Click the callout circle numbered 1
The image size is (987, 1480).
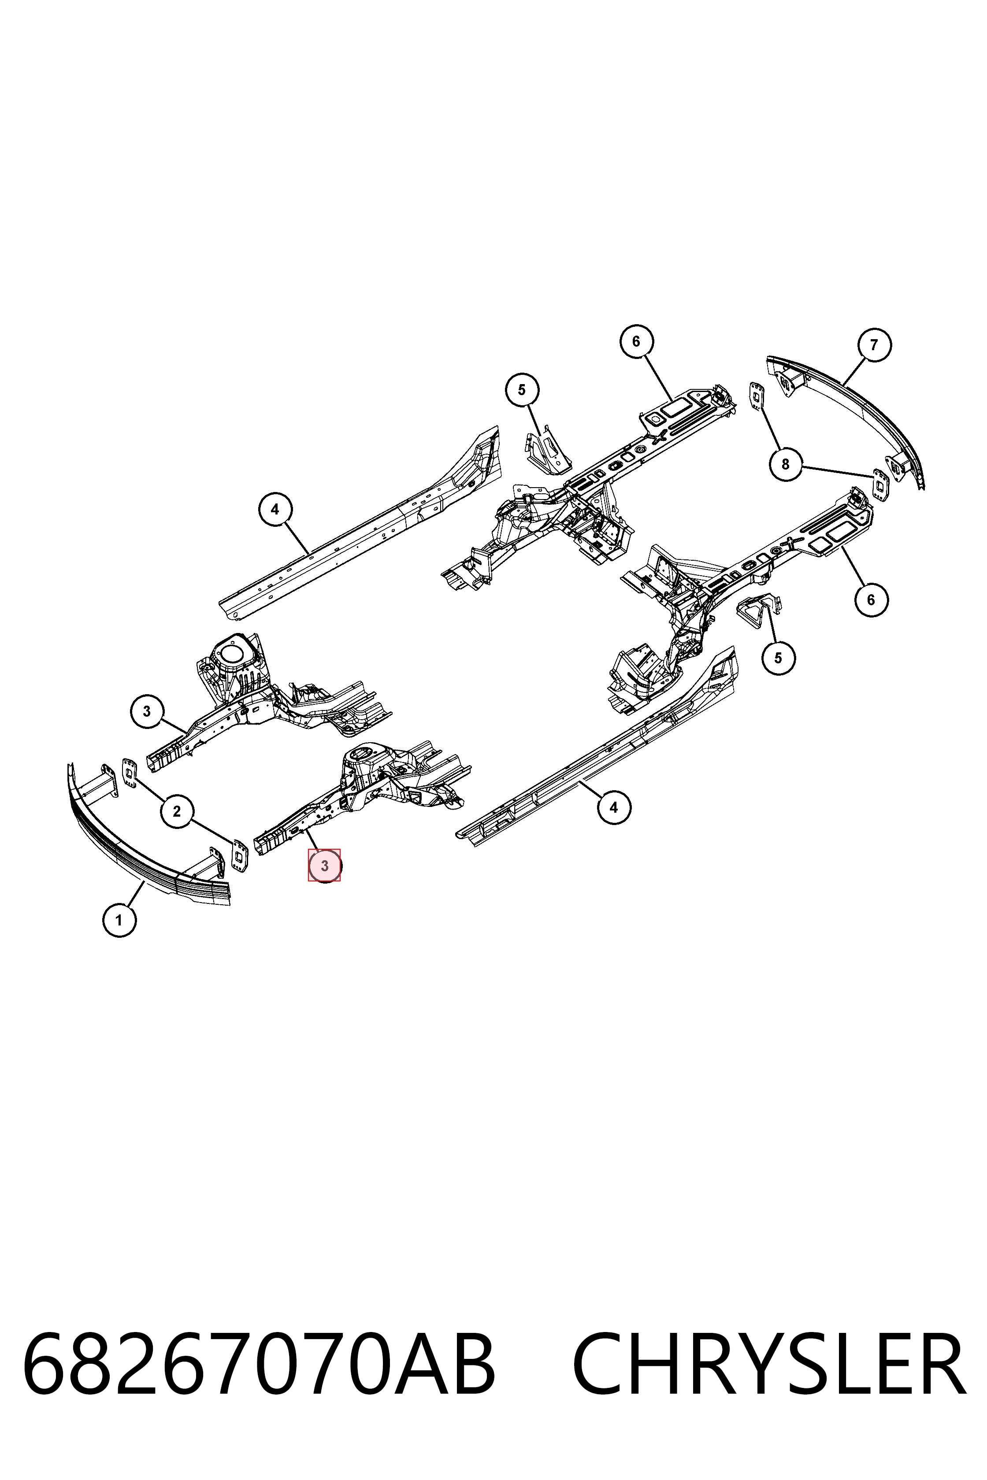tap(119, 921)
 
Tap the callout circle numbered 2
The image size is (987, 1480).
tap(176, 812)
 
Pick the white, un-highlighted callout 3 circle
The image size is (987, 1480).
tap(147, 712)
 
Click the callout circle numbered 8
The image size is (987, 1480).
tap(785, 464)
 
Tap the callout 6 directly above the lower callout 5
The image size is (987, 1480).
tap(871, 599)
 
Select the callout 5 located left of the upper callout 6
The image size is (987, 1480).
tap(522, 390)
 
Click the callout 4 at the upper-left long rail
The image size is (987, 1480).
tap(275, 509)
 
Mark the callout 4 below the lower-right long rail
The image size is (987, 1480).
tap(614, 807)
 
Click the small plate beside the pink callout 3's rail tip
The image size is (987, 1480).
tap(240, 856)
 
